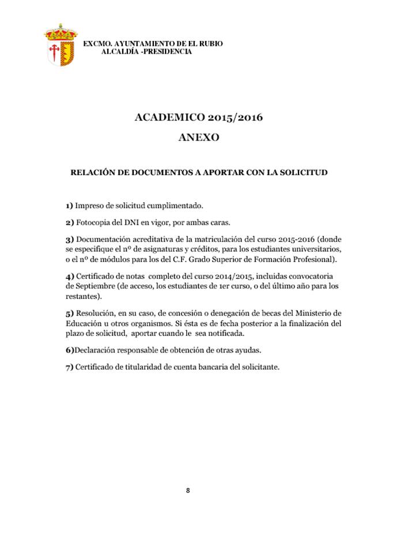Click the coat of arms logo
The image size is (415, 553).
[60, 44]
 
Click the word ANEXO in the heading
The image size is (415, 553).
[199, 138]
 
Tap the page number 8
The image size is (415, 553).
[188, 490]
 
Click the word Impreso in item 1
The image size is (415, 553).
[91, 205]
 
